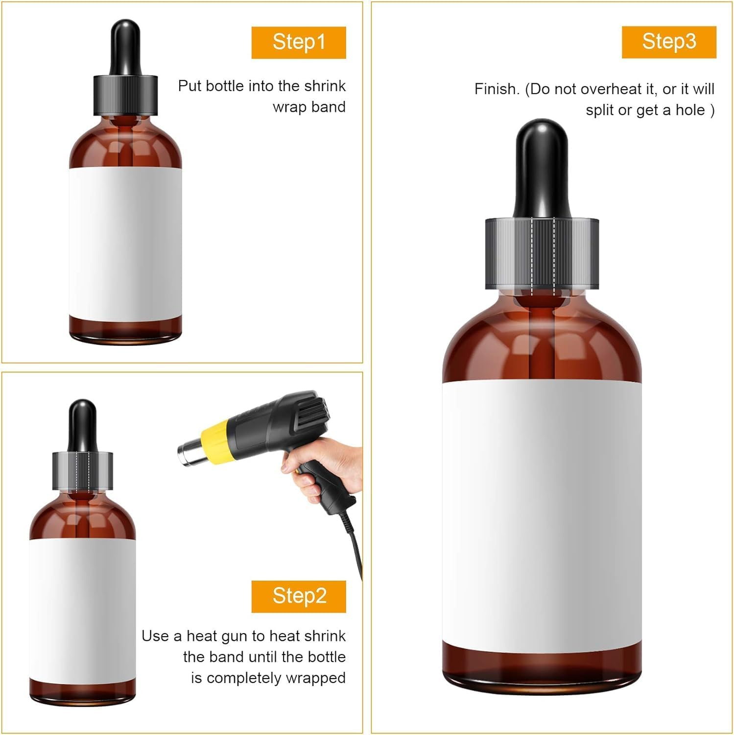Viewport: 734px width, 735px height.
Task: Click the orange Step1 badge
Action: tap(299, 43)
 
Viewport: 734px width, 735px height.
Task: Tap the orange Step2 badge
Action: tap(299, 596)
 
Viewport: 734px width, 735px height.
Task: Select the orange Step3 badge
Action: tap(669, 42)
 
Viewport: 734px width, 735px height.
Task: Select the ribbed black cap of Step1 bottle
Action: tap(125, 95)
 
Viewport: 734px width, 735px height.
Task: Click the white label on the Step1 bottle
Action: tap(125, 243)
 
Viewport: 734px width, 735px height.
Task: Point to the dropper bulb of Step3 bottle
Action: tap(542, 167)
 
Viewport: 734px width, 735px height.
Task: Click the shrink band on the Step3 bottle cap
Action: tap(542, 253)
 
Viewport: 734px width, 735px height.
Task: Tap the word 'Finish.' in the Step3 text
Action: tap(497, 89)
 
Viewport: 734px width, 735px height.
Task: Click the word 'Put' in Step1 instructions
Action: tap(189, 86)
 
